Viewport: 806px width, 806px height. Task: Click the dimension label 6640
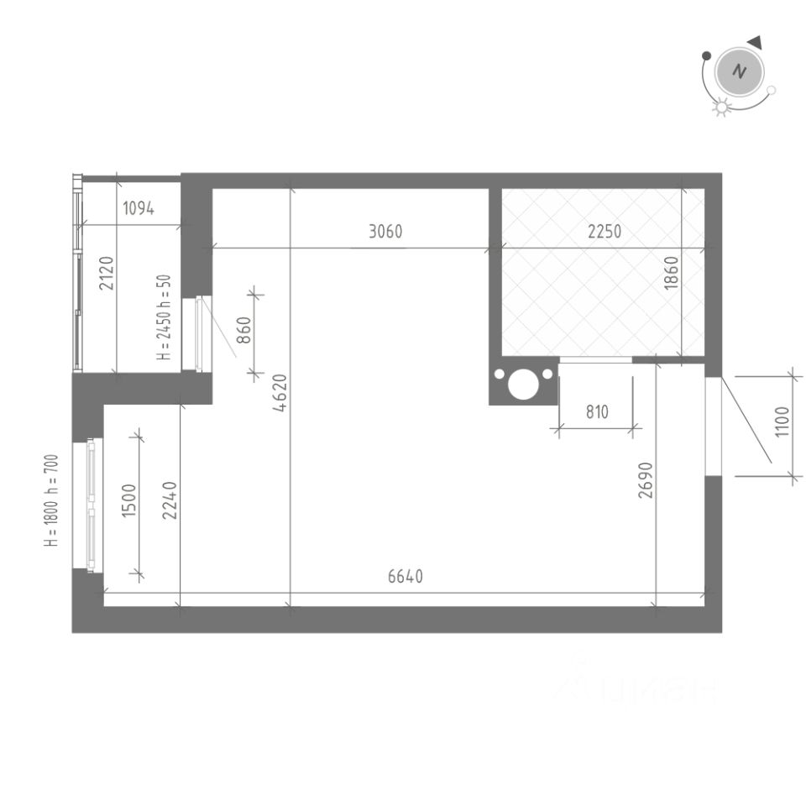click(406, 577)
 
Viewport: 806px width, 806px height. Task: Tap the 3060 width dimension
click(385, 232)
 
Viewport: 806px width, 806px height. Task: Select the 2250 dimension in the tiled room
click(604, 232)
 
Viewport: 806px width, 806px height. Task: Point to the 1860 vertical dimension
click(670, 273)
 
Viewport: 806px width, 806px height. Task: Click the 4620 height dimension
click(280, 392)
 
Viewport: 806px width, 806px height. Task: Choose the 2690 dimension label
click(645, 479)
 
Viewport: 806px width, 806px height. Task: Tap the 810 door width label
click(597, 412)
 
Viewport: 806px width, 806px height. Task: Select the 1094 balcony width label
click(139, 209)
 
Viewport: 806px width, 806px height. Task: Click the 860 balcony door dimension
click(243, 330)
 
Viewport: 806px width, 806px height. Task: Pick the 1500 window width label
click(128, 501)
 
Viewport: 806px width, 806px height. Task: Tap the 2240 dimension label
click(170, 500)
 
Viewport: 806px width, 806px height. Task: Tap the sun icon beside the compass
click(720, 107)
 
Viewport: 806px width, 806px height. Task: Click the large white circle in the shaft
click(522, 385)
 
